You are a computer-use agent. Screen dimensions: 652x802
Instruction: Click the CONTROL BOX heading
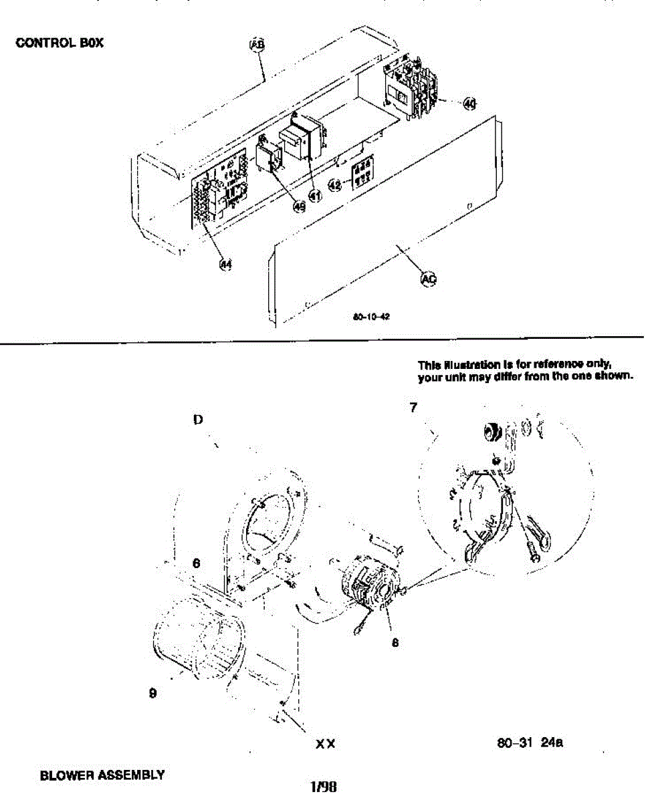60,43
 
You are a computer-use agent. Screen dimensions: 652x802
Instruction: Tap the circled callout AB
257,44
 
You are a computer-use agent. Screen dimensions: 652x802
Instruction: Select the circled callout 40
470,104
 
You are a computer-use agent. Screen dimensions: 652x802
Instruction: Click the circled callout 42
336,185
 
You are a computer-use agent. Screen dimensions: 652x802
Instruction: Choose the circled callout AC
427,279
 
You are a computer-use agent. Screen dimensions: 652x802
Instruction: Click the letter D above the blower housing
199,419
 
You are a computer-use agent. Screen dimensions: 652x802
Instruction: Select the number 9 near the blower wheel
153,693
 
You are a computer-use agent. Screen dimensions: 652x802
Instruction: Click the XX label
326,743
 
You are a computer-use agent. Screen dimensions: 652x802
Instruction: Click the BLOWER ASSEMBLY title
102,776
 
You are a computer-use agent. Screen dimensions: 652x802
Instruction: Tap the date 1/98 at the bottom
324,787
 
